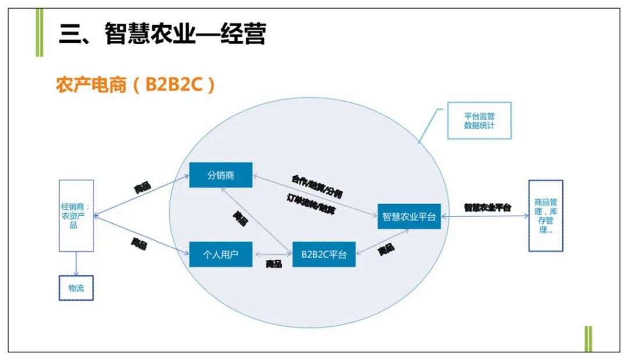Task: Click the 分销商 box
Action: (221, 175)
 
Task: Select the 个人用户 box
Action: (221, 254)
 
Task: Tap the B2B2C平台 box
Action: (324, 254)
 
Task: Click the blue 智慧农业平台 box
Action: (409, 217)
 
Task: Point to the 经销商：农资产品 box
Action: (76, 216)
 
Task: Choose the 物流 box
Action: (76, 287)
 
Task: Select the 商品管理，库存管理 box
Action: (545, 216)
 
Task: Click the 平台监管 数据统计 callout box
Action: (479, 120)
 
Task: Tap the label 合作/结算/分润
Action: (317, 184)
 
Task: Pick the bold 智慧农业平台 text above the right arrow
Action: (487, 207)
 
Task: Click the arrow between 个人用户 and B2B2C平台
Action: (273, 254)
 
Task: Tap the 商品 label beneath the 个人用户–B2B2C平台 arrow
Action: (274, 265)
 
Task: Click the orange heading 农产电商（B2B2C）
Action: (135, 85)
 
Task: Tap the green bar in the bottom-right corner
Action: (588, 338)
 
